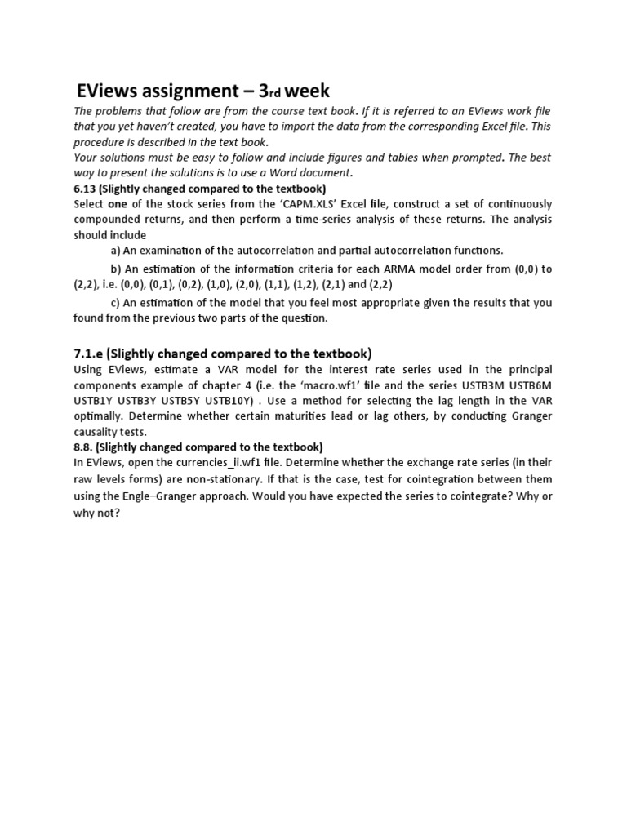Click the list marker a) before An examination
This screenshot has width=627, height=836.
(x=116, y=250)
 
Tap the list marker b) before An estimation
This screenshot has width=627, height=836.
(x=116, y=269)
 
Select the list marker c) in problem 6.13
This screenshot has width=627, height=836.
(x=116, y=302)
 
